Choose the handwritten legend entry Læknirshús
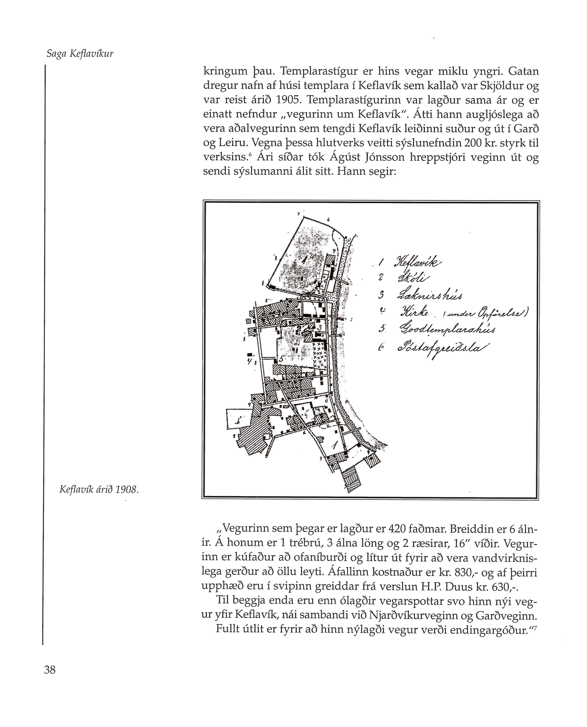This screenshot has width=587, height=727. (x=429, y=295)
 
